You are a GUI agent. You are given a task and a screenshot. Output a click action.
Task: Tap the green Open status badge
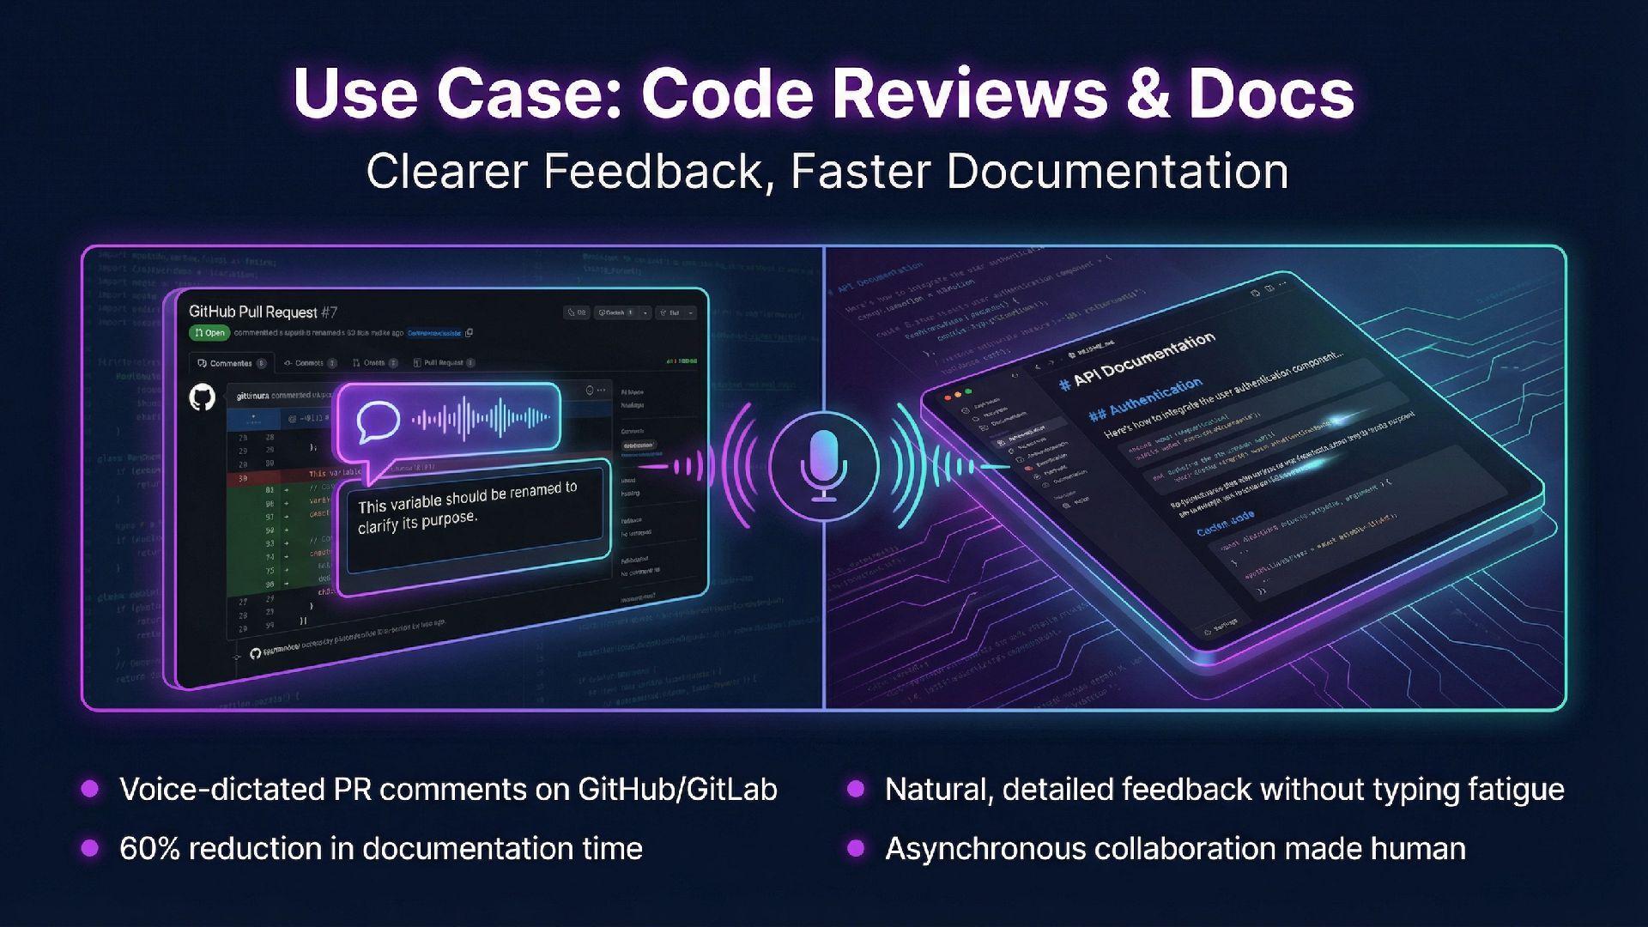pyautogui.click(x=209, y=332)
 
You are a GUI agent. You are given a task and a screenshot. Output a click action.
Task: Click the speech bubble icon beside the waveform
pyautogui.click(x=378, y=421)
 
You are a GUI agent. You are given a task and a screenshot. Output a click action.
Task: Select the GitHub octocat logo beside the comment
pyautogui.click(x=203, y=397)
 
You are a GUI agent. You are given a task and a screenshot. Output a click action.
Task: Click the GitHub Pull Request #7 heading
pyautogui.click(x=263, y=312)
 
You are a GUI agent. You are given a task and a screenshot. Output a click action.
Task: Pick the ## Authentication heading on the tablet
pyautogui.click(x=1145, y=400)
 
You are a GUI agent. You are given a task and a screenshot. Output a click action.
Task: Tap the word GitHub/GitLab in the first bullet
pyautogui.click(x=677, y=790)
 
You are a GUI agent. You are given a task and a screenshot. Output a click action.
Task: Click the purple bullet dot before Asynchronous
pyautogui.click(x=855, y=849)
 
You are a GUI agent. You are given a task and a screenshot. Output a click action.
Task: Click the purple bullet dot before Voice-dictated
pyautogui.click(x=89, y=790)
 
